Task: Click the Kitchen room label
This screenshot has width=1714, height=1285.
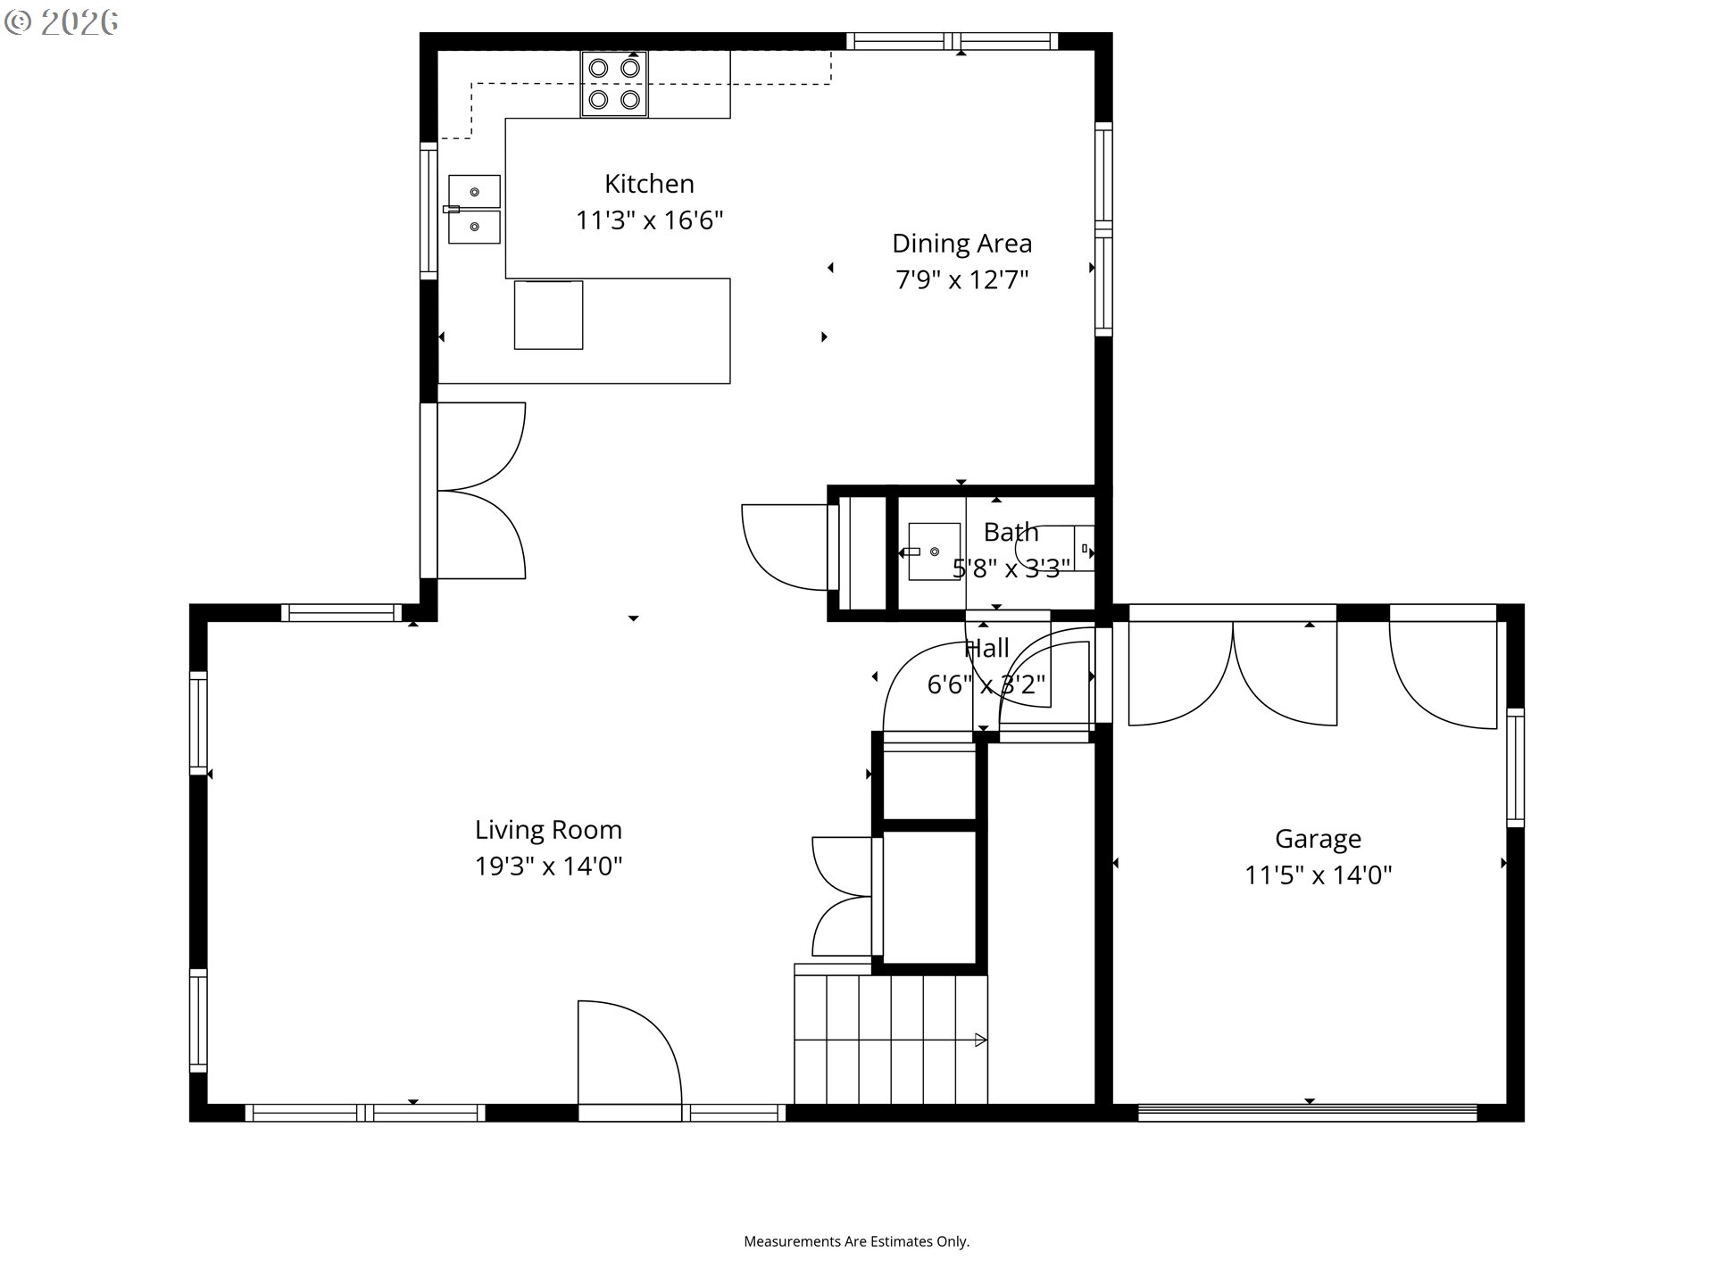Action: tap(649, 184)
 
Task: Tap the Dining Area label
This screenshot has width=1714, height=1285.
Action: tap(962, 244)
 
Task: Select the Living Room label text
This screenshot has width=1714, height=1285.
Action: tap(548, 830)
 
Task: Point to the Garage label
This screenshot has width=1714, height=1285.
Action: tap(1319, 839)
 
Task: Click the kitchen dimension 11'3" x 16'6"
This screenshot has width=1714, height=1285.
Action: tap(649, 220)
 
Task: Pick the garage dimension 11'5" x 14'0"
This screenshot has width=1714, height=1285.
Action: tap(1319, 875)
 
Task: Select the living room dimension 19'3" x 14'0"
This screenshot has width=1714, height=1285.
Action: tap(548, 866)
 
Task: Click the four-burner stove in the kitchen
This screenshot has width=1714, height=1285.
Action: tap(614, 84)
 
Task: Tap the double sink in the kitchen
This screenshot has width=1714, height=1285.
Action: tap(474, 209)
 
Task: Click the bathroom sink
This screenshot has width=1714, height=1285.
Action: tap(934, 551)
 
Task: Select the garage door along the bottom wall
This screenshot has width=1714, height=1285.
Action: tap(1308, 1112)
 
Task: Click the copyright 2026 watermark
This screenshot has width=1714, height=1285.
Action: tap(62, 22)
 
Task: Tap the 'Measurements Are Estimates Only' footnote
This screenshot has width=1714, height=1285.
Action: tap(857, 1241)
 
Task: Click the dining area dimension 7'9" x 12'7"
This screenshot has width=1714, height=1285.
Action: tap(962, 280)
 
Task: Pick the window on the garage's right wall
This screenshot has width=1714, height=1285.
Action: tap(1515, 767)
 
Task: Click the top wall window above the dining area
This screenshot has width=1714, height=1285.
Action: tap(952, 41)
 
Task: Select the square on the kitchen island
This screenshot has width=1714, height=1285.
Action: tap(548, 315)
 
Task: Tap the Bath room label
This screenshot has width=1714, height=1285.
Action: tap(1011, 532)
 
